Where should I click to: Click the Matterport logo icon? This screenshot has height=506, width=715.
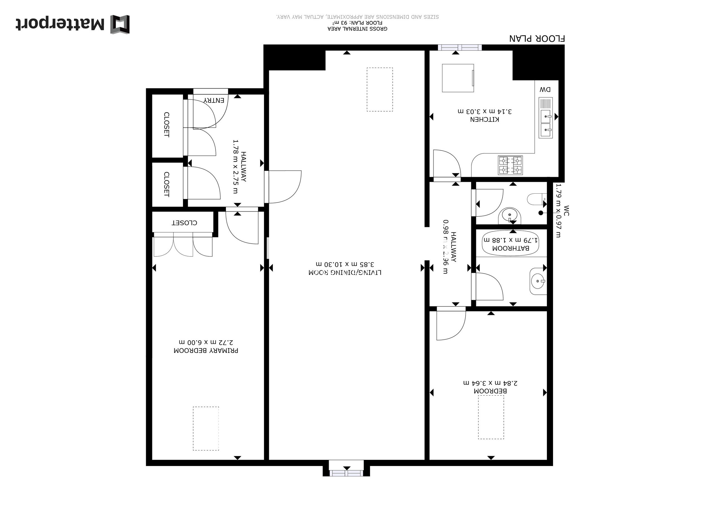(x=120, y=24)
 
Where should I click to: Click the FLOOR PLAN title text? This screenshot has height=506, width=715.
(x=537, y=39)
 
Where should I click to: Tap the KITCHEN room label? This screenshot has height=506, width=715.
(x=485, y=119)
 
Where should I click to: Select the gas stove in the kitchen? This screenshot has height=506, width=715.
(x=510, y=165)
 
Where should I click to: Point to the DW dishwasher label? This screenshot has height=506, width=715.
(x=545, y=90)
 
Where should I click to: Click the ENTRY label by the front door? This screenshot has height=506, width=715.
(x=214, y=100)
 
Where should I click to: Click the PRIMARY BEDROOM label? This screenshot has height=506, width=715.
(x=206, y=351)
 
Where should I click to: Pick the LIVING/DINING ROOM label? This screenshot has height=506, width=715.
(x=345, y=273)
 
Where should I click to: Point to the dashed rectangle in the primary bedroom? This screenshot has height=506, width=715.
(x=206, y=428)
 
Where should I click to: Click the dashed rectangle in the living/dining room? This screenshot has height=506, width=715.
(x=380, y=89)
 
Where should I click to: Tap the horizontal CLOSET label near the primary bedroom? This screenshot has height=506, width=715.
(x=184, y=223)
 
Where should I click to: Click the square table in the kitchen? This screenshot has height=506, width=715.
(x=458, y=78)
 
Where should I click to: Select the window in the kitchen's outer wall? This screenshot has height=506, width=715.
(x=460, y=48)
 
